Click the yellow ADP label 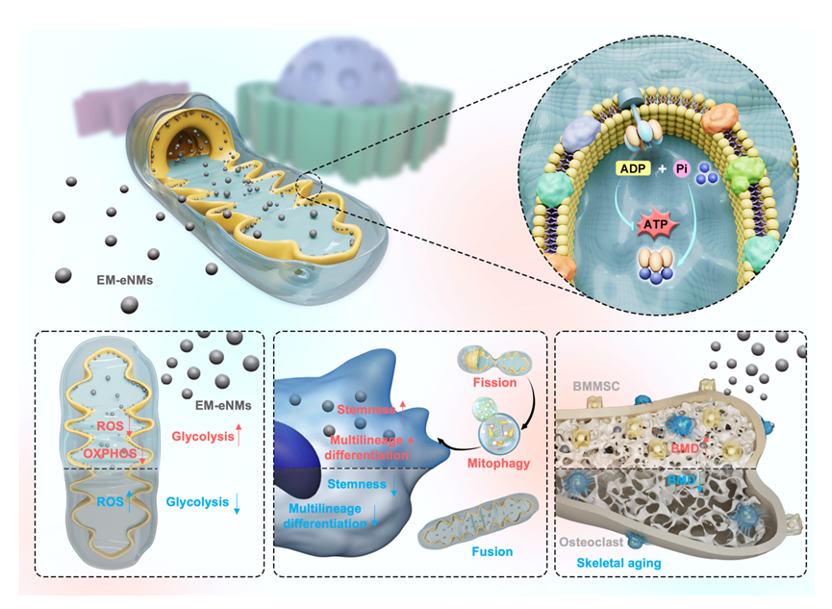[x=633, y=168]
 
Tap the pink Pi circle [x=682, y=169]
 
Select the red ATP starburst [x=655, y=224]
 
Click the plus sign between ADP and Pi [x=662, y=169]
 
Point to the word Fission [x=494, y=382]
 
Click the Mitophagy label [x=498, y=464]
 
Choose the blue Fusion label [x=492, y=551]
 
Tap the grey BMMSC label [x=596, y=386]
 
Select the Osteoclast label [x=592, y=542]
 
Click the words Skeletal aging [x=618, y=563]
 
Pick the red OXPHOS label [x=110, y=453]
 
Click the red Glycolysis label [x=203, y=437]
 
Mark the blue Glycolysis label [x=197, y=502]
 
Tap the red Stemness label [x=366, y=409]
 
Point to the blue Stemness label [x=357, y=484]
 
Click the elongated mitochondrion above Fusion [x=477, y=519]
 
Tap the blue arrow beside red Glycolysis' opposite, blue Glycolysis [x=237, y=503]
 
